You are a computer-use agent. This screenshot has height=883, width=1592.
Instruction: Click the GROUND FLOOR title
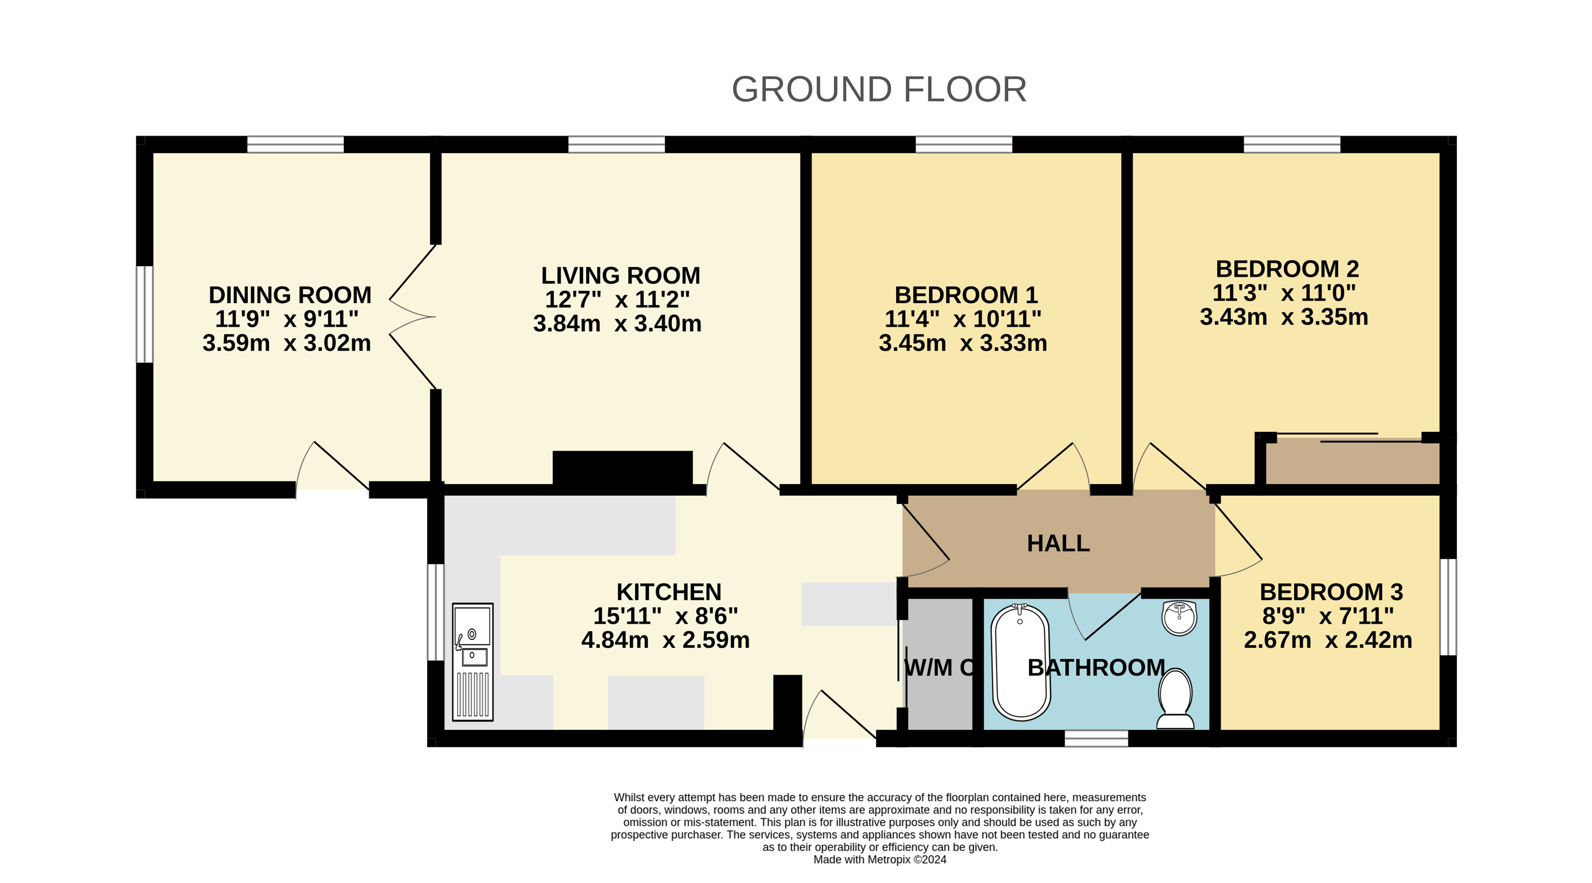point(879,89)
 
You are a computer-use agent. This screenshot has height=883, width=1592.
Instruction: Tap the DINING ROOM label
point(290,295)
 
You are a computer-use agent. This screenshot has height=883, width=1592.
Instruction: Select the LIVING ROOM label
point(621,276)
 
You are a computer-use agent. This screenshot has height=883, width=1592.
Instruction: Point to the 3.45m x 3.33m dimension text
point(963,343)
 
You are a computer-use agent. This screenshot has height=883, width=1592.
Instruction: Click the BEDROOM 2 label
point(1287,269)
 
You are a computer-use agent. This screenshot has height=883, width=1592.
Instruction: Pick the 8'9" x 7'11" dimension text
point(1328,616)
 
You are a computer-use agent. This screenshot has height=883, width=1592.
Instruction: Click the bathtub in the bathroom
point(1020,662)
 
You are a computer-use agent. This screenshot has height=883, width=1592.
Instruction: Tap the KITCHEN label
point(669,592)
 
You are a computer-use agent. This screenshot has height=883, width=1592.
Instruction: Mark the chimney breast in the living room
point(622,469)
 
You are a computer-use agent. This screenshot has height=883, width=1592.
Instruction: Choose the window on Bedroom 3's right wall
point(1448,607)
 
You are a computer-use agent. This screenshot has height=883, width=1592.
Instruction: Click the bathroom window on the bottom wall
point(1096,739)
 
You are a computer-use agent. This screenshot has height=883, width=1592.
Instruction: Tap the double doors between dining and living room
point(413,317)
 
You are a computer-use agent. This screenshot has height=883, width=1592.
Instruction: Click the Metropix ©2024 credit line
point(879,859)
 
